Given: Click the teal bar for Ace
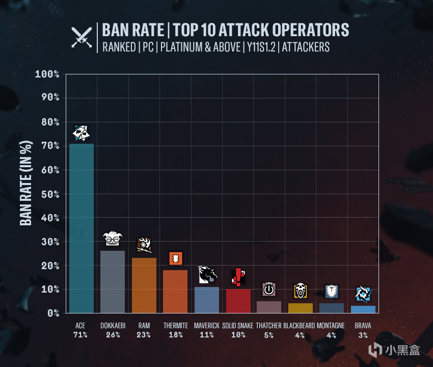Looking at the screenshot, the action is click(x=82, y=228).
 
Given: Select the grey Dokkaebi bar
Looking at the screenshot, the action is click(x=113, y=282).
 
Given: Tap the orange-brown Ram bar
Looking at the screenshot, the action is click(x=144, y=285).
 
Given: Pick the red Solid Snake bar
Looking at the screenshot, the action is click(x=238, y=301).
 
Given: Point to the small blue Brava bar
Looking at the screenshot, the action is click(x=363, y=309).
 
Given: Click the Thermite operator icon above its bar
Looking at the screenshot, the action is click(x=176, y=258).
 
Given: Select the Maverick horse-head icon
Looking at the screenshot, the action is click(x=207, y=274).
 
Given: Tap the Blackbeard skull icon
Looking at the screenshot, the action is click(x=301, y=291).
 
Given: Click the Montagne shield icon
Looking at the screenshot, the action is click(x=332, y=291).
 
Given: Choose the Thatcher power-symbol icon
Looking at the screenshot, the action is click(x=269, y=289).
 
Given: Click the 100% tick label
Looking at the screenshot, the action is click(x=47, y=74).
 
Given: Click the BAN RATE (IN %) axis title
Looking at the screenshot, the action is click(x=26, y=183).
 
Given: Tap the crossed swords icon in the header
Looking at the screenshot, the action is click(x=82, y=37).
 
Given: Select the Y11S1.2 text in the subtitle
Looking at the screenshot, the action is click(x=261, y=47).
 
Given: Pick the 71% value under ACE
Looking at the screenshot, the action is click(x=80, y=335).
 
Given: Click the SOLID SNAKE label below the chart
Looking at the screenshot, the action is click(x=238, y=326).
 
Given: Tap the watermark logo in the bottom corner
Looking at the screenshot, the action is click(x=394, y=350).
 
